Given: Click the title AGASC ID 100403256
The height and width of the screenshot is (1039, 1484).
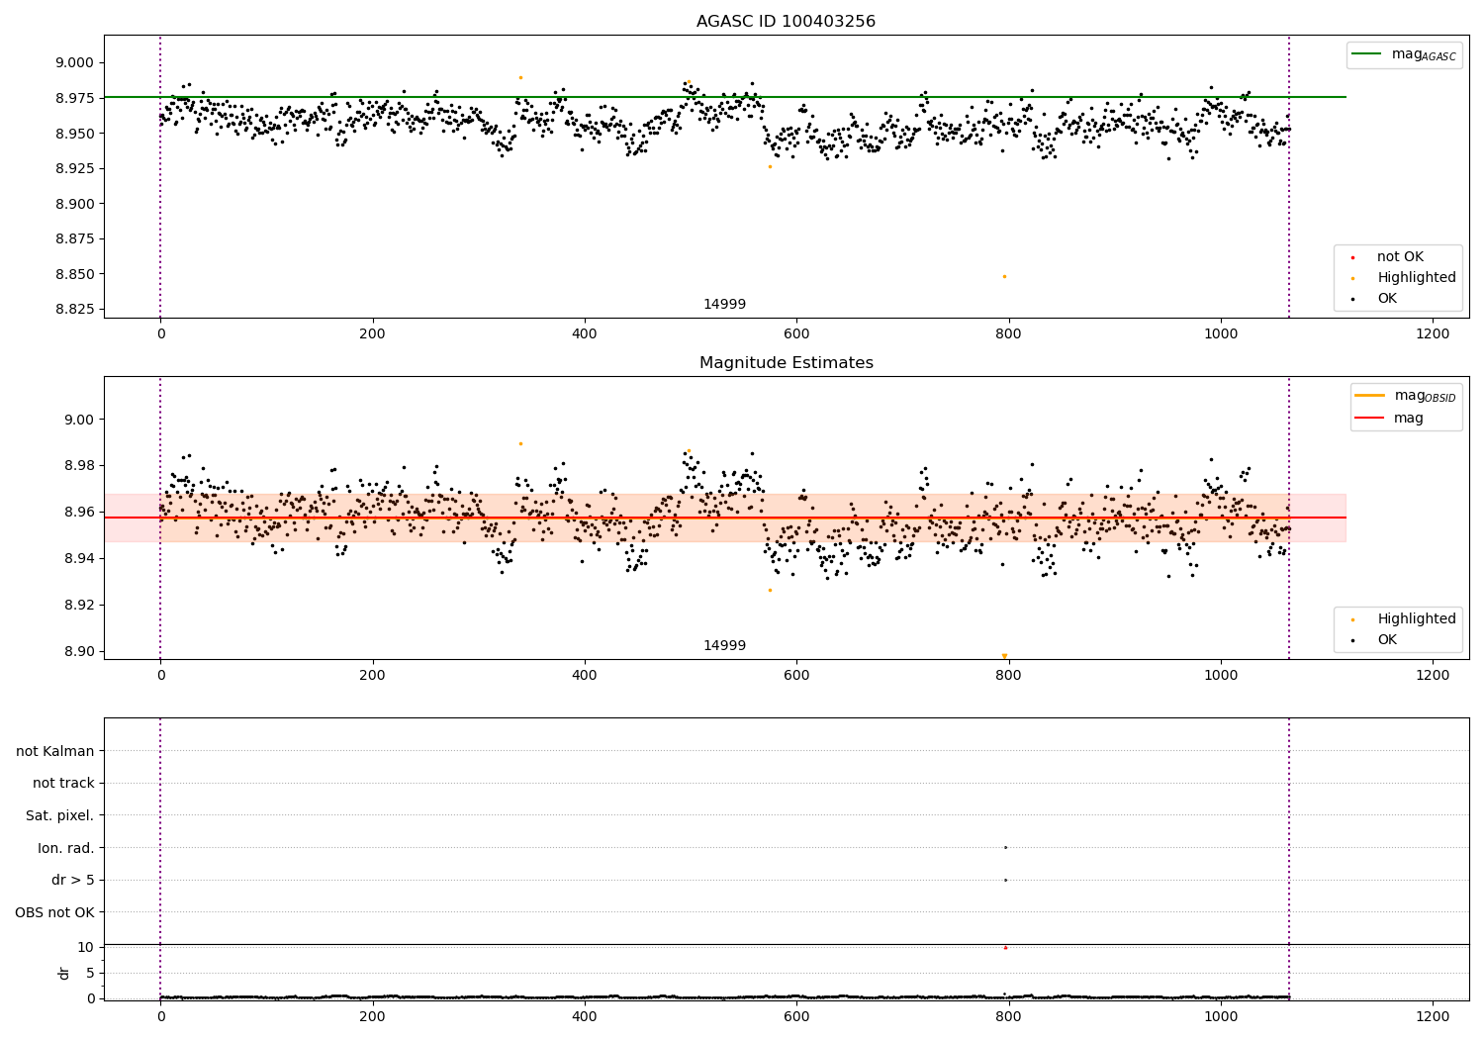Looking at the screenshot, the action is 786,21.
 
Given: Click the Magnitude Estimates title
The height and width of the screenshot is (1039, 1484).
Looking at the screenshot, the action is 787,362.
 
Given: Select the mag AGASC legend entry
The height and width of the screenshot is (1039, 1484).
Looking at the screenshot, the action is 1404,54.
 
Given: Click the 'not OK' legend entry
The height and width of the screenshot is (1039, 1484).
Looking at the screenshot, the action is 1387,256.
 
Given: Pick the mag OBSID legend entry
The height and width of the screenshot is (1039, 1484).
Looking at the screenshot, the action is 1405,396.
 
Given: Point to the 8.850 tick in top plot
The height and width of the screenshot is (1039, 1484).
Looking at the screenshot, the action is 75,274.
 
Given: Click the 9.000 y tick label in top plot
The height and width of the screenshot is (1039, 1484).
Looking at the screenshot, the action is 75,63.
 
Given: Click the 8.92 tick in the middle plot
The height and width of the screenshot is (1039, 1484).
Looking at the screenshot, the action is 79,605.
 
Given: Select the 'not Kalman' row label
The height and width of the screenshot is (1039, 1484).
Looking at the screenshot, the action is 55,751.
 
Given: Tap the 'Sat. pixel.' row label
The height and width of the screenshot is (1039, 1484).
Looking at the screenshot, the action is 59,815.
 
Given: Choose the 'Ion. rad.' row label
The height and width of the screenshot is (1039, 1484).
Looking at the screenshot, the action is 65,848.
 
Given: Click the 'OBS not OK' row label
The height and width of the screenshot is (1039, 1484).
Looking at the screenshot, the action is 54,912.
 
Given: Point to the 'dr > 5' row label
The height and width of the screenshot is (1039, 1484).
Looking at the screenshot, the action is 73,880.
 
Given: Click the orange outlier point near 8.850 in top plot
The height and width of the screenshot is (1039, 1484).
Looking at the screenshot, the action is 1004,276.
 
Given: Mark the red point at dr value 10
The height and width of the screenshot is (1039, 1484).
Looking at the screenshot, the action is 1006,948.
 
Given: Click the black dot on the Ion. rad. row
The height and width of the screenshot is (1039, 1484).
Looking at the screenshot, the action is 1006,847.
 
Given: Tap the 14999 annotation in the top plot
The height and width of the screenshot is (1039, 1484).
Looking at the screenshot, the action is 724,304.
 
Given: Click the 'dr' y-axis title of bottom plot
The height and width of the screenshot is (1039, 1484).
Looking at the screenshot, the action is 63,974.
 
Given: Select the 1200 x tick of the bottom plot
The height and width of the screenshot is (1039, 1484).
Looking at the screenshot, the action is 1433,1017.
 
